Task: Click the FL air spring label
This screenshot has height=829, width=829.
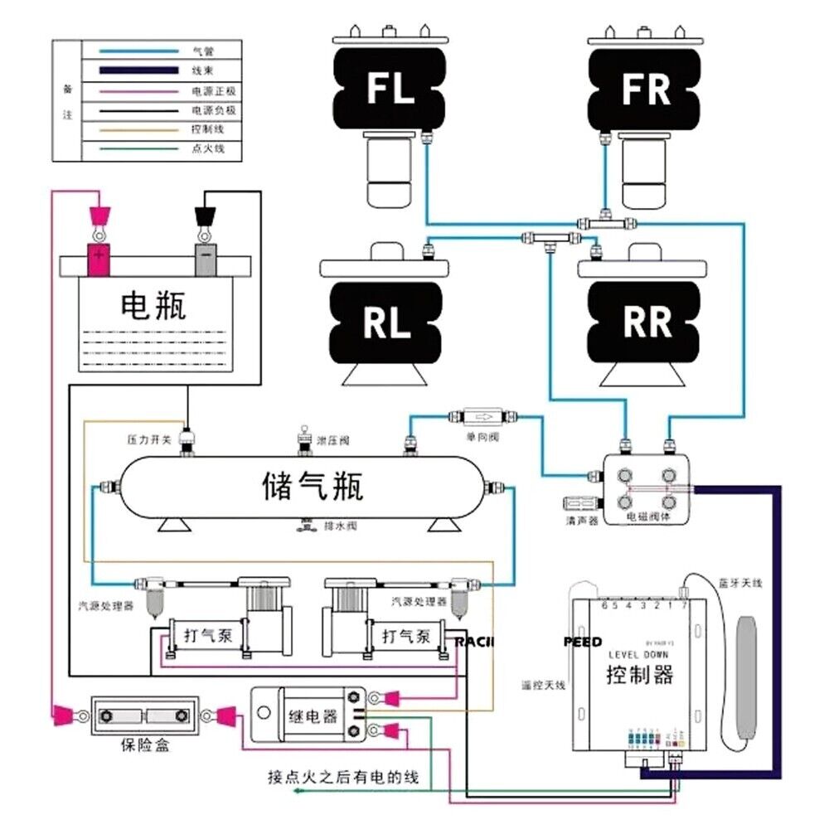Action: coord(390,88)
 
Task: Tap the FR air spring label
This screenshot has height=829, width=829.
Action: coord(646,88)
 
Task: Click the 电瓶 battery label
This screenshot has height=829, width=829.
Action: coord(153,306)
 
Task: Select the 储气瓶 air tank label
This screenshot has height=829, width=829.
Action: coord(313,486)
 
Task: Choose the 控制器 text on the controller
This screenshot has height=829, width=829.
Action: coord(639,673)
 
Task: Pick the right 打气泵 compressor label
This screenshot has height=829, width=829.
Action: coord(405,638)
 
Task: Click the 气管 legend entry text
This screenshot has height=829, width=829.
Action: coord(203,51)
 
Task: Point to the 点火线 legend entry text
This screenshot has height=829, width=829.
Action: coord(203,149)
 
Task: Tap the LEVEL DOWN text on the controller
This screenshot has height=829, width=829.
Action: coord(639,655)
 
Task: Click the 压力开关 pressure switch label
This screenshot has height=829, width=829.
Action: coord(149,439)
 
